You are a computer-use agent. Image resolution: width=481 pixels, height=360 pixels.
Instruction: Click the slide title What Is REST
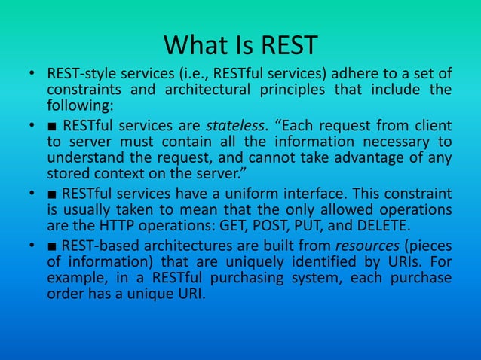[x=240, y=46]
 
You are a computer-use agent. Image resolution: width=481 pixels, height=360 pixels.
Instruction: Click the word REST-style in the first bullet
[x=81, y=73]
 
